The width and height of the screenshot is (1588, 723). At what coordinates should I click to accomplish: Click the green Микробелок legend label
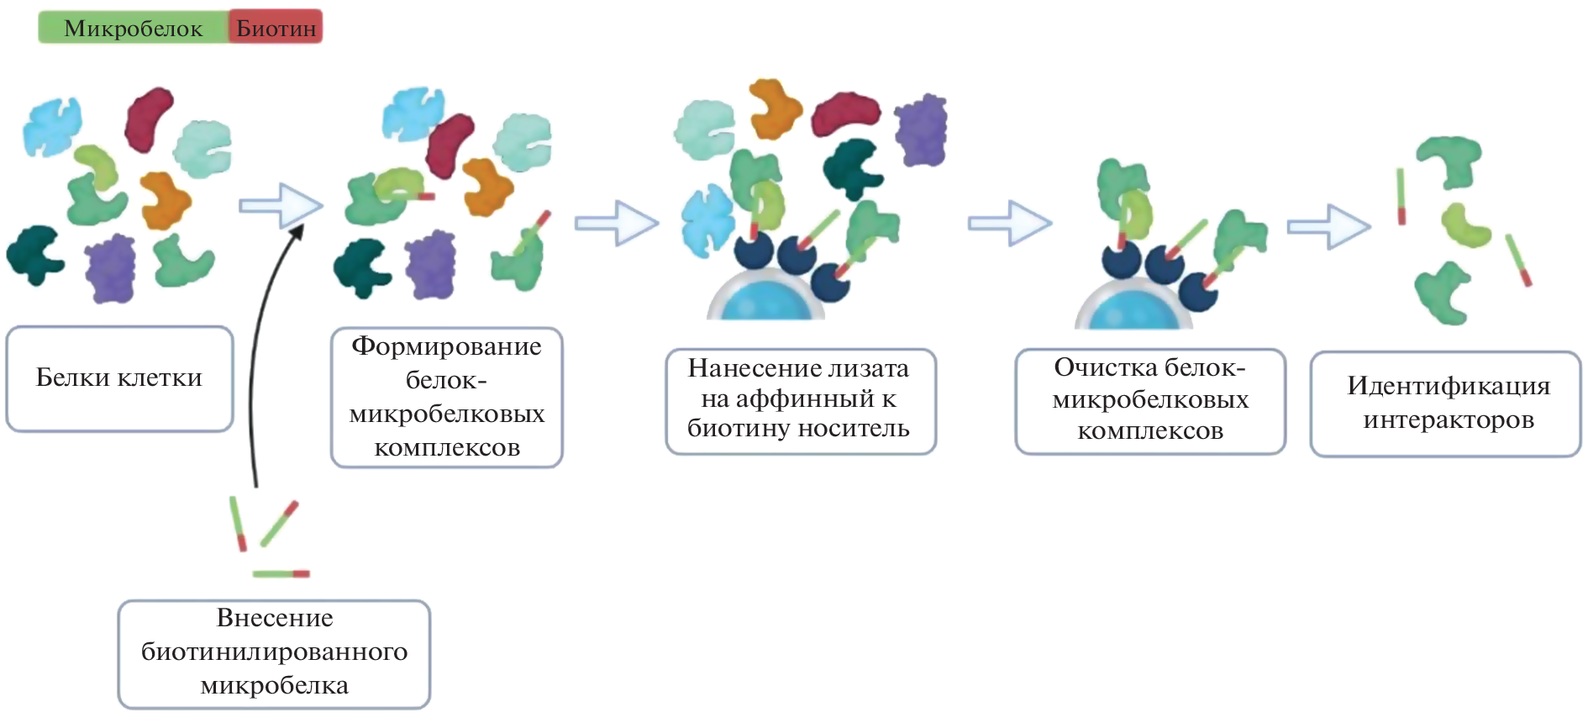(133, 28)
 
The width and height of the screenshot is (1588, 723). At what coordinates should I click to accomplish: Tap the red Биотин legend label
(276, 28)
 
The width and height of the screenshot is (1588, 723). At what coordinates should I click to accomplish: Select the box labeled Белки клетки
(119, 378)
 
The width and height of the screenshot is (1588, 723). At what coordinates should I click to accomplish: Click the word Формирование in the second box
(446, 346)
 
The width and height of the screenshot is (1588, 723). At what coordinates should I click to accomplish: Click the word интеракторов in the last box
(1449, 420)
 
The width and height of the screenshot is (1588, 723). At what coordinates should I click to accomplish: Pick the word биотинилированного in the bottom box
(274, 652)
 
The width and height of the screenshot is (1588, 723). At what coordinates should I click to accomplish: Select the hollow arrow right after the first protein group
(280, 205)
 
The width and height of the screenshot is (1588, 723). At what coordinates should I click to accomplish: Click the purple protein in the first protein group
(110, 267)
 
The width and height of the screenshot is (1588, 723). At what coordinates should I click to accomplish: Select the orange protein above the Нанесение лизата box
(775, 108)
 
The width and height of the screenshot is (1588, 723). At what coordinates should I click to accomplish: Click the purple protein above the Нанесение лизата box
(922, 129)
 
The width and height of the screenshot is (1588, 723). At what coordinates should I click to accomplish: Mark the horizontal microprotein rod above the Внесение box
(281, 574)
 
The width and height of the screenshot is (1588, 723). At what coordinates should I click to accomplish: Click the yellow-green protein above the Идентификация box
(1464, 224)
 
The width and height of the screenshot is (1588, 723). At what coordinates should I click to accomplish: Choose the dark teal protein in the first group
(34, 254)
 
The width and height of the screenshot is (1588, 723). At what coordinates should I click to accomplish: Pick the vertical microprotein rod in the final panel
(1401, 196)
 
